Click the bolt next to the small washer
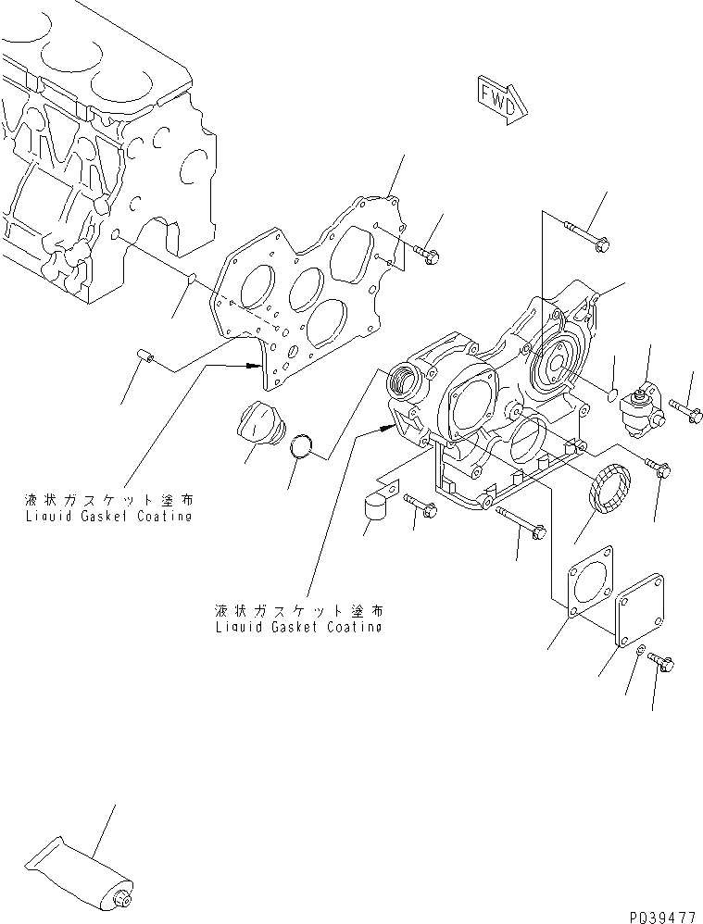coord(661,662)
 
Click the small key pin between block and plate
coord(190,276)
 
